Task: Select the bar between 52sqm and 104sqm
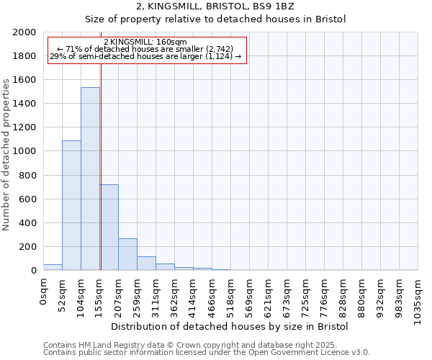pos(71,205)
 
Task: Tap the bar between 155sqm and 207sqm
pos(109,227)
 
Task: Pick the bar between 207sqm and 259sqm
pos(127,254)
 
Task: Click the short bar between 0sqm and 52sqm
pos(53,267)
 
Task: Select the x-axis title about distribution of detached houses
pos(230,326)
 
